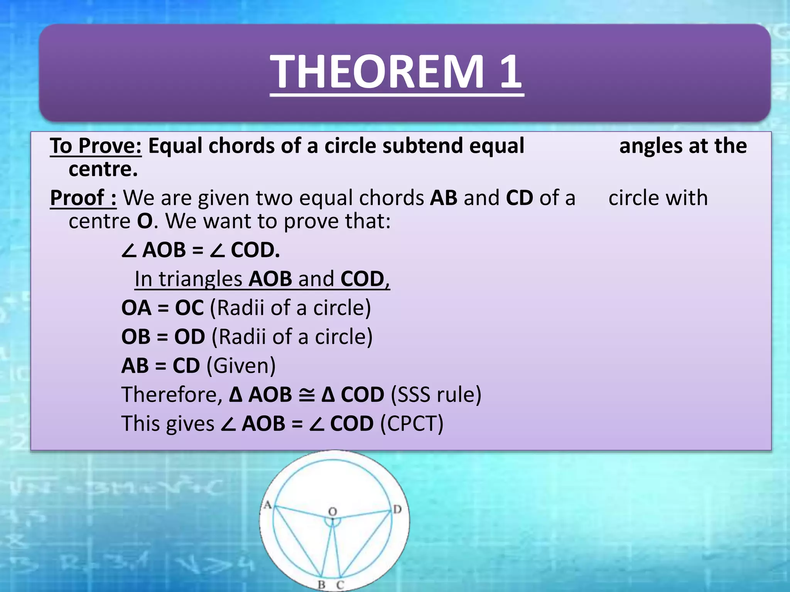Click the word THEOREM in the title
376,72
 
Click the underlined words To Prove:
96,146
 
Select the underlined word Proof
77,198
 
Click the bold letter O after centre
145,221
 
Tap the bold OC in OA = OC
189,308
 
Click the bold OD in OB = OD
189,337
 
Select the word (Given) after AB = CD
241,366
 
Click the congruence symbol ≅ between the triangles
307,395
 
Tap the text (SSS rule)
436,395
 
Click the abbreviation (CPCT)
412,424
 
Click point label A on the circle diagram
267,505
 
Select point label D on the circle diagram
397,510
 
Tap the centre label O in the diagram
333,511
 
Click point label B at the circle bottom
321,585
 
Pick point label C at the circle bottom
340,585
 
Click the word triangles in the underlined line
201,279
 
